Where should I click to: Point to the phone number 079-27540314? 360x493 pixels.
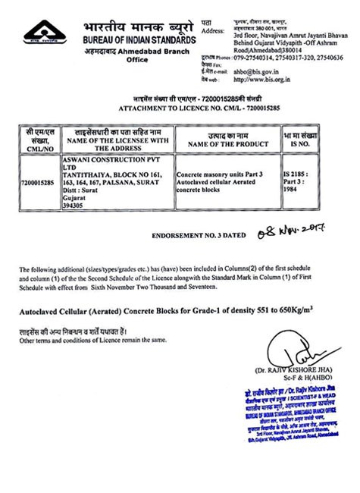[252, 58]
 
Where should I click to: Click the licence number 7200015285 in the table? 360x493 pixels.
[39, 182]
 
